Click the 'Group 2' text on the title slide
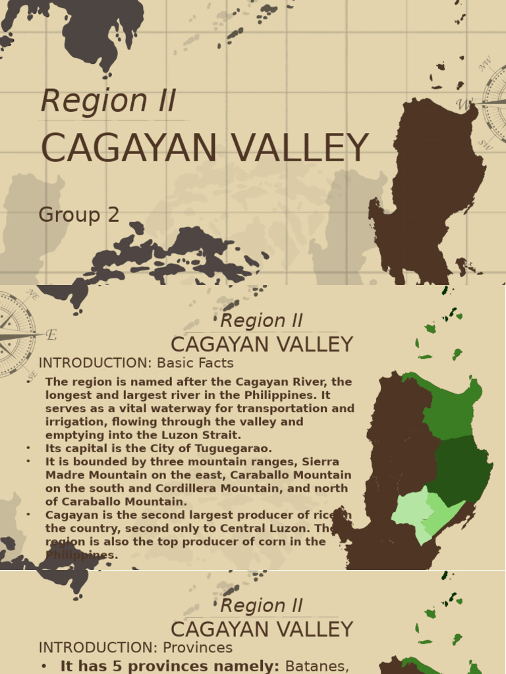(79, 215)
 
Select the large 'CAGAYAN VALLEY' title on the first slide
(204, 148)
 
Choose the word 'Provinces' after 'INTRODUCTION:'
(198, 648)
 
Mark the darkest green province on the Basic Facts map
(461, 467)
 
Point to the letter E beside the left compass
(51, 334)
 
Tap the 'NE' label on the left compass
(31, 298)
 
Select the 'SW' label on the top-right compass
(485, 143)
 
